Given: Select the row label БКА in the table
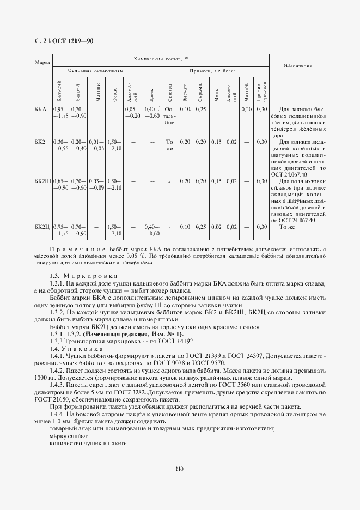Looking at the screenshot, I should coord(40,110).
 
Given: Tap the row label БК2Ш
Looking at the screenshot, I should coord(42,181).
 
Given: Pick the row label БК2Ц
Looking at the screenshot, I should coord(42,227).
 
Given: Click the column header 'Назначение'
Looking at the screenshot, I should coord(297,65).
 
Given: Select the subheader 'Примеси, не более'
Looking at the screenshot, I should coord(212,71).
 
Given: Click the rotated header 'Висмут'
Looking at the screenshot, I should coord(185,91).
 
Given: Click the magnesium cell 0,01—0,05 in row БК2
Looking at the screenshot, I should coord(96,145).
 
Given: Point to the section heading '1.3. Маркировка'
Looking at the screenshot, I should coord(75,276).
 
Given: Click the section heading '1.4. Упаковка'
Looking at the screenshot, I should coord(73,348).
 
